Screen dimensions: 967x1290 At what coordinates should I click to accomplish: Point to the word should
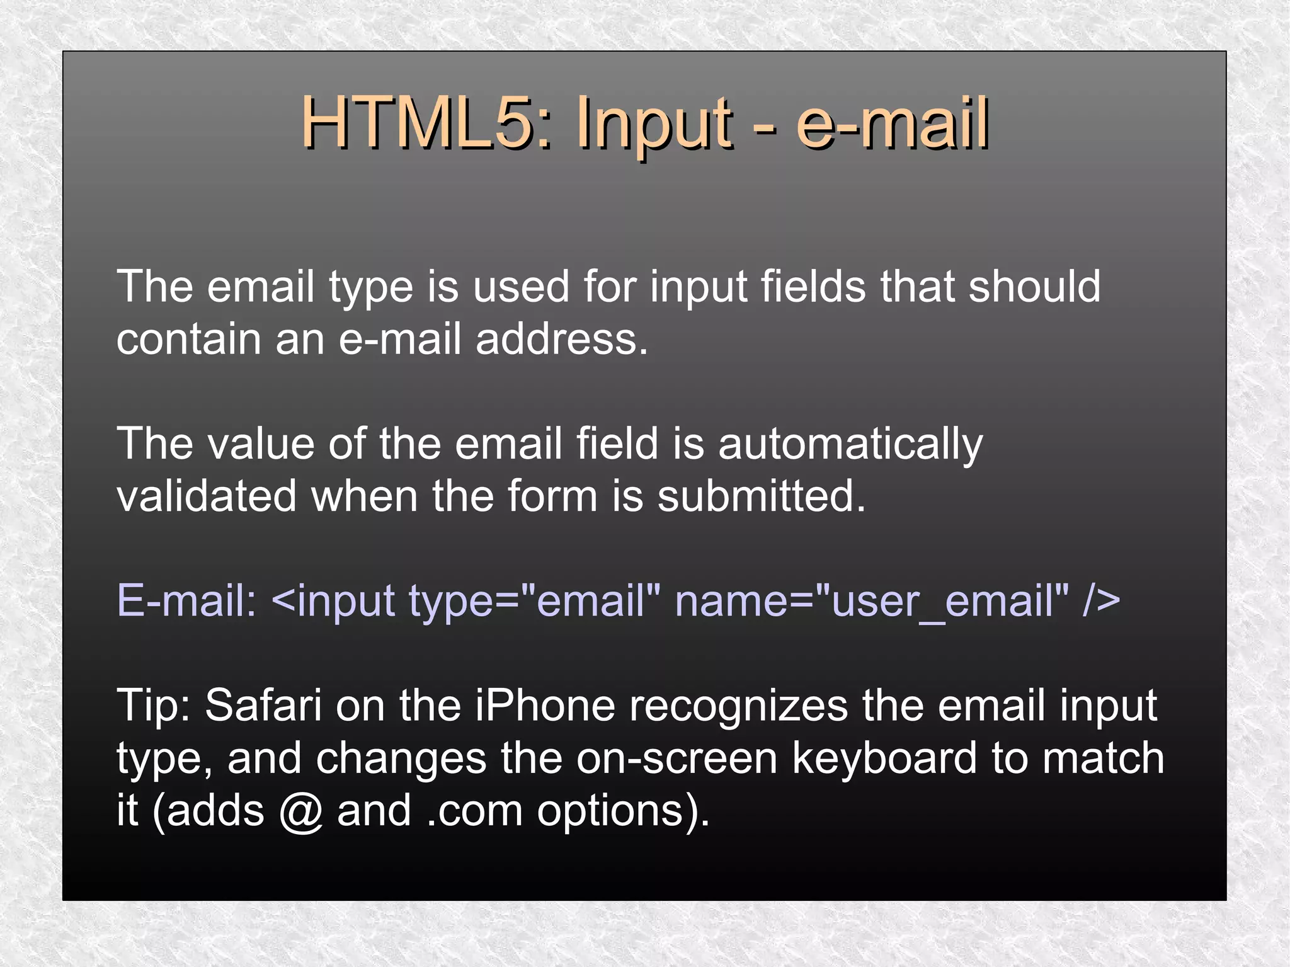(1034, 287)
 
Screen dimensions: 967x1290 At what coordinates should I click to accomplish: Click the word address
(562, 339)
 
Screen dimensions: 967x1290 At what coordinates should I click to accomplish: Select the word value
(261, 443)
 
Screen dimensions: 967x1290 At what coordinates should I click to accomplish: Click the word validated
(207, 496)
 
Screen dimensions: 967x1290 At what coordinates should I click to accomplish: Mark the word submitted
(762, 496)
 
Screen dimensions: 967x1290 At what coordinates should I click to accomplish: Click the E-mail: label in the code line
(186, 600)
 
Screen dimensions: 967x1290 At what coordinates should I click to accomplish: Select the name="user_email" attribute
(872, 600)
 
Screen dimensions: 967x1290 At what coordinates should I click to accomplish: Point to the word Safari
(263, 705)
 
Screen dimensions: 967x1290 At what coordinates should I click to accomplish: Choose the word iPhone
(545, 705)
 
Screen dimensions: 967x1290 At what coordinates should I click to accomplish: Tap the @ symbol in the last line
(301, 811)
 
